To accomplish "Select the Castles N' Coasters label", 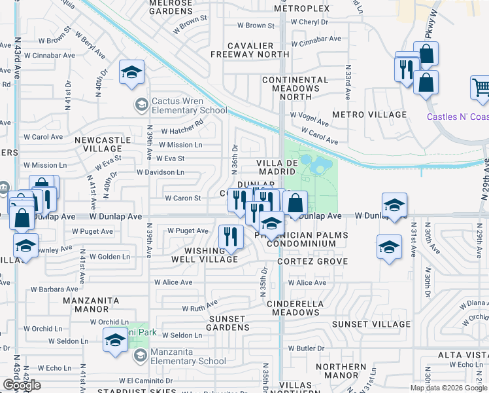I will (458, 117).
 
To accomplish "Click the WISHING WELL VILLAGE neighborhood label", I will (205, 255).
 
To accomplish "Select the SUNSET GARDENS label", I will (227, 323).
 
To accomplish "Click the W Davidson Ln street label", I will (160, 172).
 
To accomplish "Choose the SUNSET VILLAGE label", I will (371, 324).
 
